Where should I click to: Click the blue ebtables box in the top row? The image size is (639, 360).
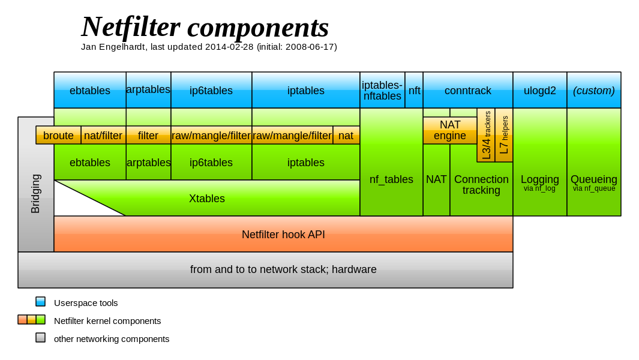(90, 91)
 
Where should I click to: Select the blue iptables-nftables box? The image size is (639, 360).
(382, 91)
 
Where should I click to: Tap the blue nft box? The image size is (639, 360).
(414, 91)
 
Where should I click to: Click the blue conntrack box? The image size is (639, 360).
(467, 91)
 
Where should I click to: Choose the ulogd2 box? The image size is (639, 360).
(539, 91)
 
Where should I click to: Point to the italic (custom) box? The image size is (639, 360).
(593, 91)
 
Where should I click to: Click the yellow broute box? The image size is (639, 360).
(58, 136)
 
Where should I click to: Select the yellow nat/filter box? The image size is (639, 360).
(103, 136)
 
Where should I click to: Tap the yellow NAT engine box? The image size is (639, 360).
(449, 130)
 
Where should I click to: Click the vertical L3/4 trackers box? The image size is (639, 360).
(486, 135)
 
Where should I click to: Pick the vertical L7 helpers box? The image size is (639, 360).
(504, 135)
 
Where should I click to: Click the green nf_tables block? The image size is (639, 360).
(391, 179)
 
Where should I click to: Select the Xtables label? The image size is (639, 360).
(207, 199)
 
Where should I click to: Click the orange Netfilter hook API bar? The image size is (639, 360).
(283, 235)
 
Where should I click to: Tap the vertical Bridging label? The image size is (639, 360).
(35, 193)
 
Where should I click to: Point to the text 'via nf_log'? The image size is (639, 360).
(539, 188)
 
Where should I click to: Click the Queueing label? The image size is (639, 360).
(593, 179)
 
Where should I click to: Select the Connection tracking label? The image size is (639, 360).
(481, 185)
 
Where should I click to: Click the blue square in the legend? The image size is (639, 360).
(40, 301)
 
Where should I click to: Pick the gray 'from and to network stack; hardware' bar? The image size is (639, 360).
(283, 269)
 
